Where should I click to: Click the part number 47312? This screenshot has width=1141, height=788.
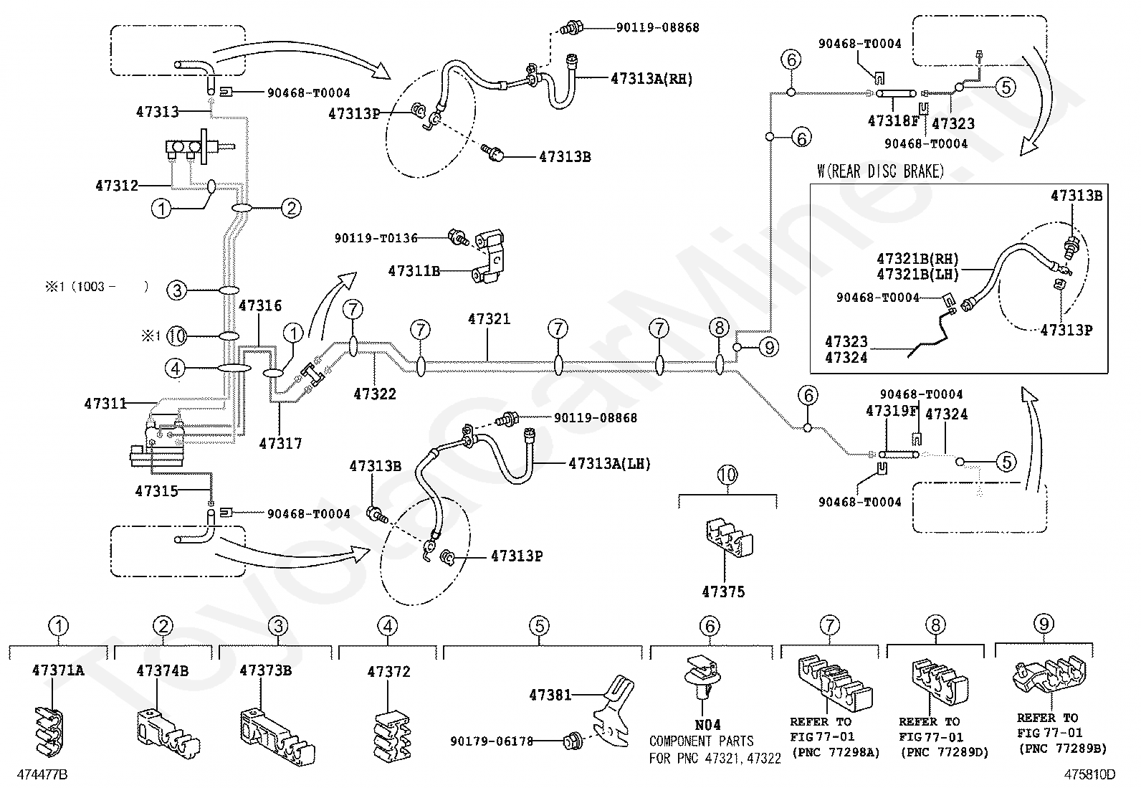pos(117,186)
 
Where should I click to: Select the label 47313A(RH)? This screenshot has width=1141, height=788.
pos(651,78)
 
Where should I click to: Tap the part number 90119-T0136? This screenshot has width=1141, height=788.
pos(376,238)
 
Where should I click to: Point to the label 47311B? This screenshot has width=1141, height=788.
pos(414,270)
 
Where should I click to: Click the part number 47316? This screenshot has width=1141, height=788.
pos(259,305)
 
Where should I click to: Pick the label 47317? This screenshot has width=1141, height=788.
pos(280,443)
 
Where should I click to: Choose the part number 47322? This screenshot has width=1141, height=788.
pos(374,394)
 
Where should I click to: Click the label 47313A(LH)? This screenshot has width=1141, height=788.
pos(610,464)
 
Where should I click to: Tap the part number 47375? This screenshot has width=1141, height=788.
pos(723,592)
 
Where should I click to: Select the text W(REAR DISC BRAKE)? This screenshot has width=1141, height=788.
pos(880,171)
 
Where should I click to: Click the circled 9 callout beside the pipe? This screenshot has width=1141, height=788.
pos(769,348)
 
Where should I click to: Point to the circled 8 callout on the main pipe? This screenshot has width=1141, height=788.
pos(720,328)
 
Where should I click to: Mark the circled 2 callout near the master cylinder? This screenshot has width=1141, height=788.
pos(291,208)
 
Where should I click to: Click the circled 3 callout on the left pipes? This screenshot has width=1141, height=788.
pos(177,290)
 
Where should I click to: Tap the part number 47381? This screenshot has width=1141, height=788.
pos(550,695)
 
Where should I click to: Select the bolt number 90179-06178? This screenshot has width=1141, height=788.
pos(492,741)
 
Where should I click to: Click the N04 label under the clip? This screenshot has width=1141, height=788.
pos(707,725)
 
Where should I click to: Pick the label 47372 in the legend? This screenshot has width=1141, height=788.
pos(388,672)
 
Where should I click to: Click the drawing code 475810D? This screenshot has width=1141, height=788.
pos(1089,775)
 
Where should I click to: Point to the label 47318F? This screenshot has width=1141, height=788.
pos(893,120)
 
